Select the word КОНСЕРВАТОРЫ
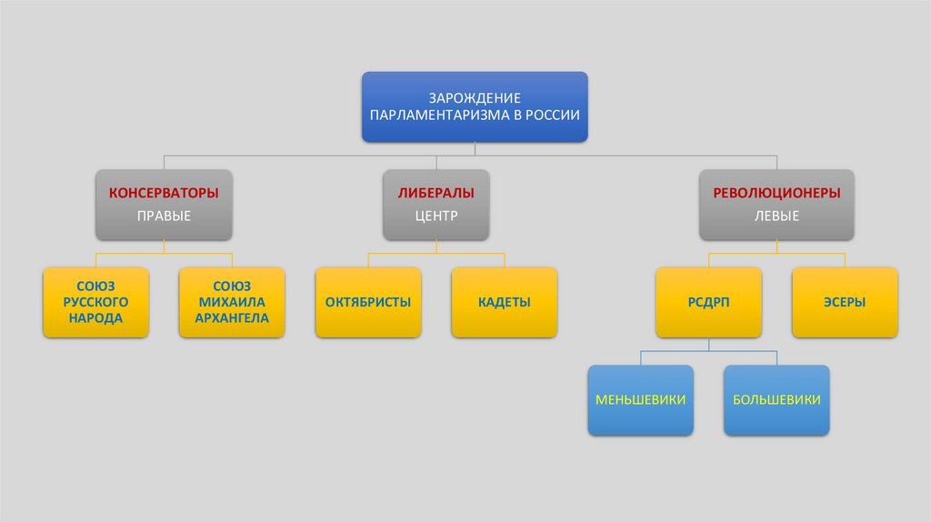coord(164,194)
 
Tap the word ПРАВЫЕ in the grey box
coord(164,216)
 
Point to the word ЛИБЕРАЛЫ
coord(436,194)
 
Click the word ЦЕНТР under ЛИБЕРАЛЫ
coord(436,216)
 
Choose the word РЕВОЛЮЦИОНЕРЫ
coord(776,194)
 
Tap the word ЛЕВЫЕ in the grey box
coord(776,216)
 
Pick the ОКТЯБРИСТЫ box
coord(368,302)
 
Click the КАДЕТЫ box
coord(505,302)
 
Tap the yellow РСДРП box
coord(708,302)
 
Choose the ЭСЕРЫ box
coord(845,302)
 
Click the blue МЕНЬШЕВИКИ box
coord(640,400)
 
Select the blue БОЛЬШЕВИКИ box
coord(776,400)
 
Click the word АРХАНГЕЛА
coord(232,318)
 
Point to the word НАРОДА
coord(95,318)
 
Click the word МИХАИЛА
coord(232,301)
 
